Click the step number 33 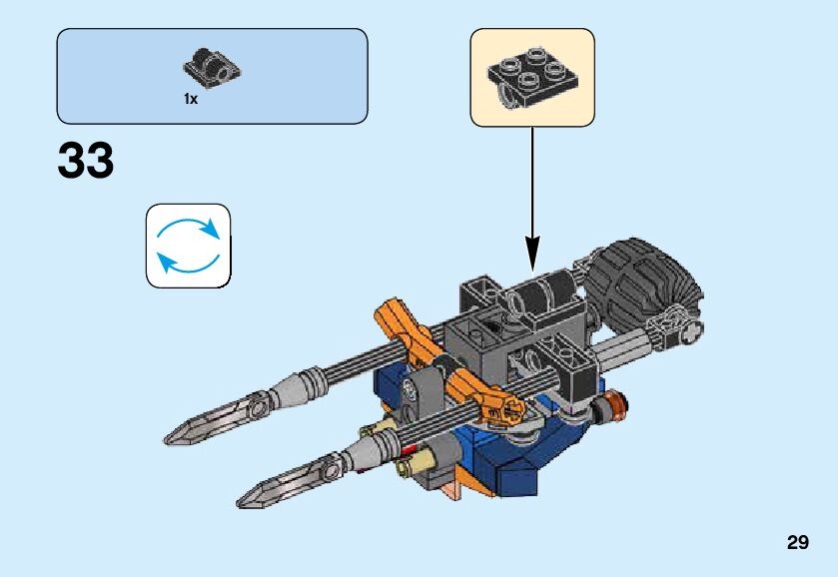[86, 162]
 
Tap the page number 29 [797, 543]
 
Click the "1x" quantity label [191, 99]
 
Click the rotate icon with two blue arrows [189, 246]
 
